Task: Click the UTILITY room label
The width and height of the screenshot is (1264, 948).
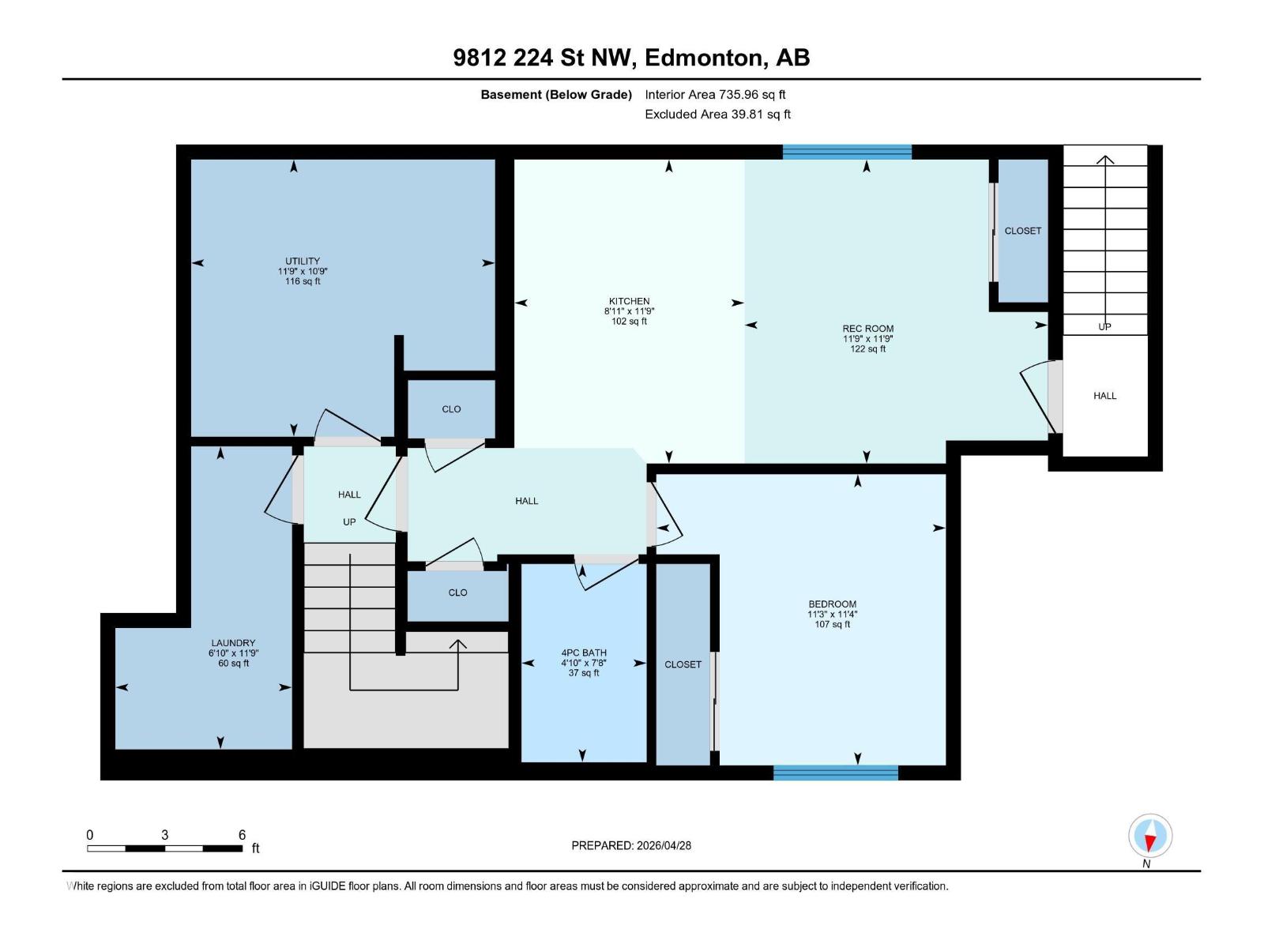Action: [x=303, y=261]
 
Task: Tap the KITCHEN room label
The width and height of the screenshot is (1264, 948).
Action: [x=629, y=301]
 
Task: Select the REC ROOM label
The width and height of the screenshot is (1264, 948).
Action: [x=867, y=329]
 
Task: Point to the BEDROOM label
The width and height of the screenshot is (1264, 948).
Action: [x=832, y=604]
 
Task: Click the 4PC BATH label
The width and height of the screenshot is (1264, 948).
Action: [x=584, y=653]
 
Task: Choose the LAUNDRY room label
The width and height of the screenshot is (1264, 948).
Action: [x=233, y=643]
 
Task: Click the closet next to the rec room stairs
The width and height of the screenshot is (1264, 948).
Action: [x=1022, y=231]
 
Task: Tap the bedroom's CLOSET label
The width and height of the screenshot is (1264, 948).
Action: [x=683, y=664]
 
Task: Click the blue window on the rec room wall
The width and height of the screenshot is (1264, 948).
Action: [x=847, y=152]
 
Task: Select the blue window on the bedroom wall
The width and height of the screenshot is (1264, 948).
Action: [x=835, y=773]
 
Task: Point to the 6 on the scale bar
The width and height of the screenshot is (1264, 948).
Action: [x=242, y=835]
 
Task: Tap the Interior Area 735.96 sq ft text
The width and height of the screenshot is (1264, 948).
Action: [x=715, y=94]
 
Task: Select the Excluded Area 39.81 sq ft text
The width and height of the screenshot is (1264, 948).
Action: [x=717, y=114]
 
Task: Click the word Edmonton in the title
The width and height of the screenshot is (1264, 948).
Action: [x=705, y=58]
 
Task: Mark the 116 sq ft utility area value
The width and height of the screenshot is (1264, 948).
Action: [x=303, y=281]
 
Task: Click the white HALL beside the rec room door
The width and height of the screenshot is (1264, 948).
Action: [x=1104, y=396]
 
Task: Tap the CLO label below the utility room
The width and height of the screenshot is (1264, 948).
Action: [x=451, y=409]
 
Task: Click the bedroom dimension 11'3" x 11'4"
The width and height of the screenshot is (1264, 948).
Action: [x=832, y=614]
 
